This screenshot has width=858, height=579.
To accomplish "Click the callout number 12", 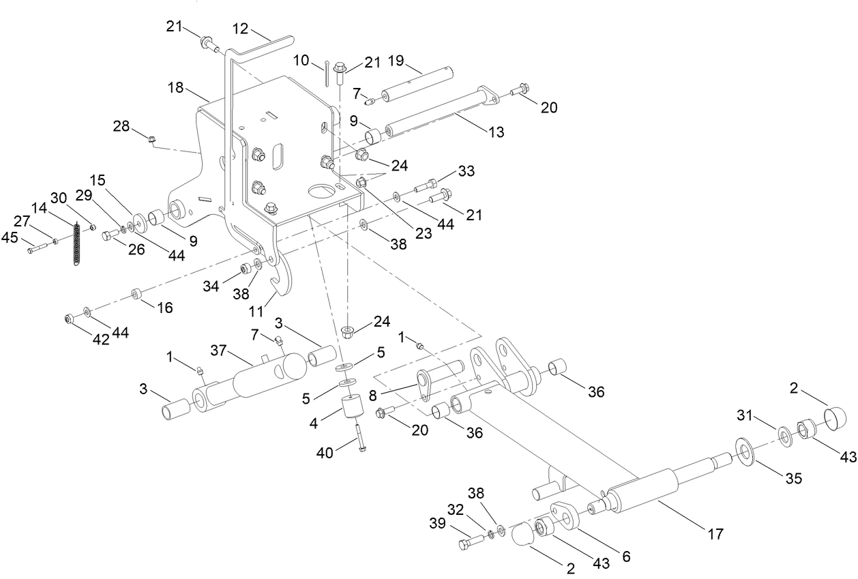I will pos(241,29).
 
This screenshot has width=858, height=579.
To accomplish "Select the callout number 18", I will pos(175,89).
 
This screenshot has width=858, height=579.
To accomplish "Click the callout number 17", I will pos(714,533).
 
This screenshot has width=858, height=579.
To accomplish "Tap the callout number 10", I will pos(302,61).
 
